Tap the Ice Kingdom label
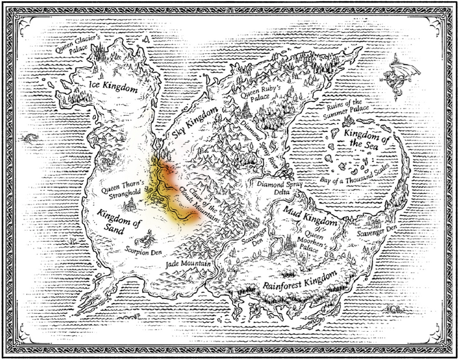click(114, 88)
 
